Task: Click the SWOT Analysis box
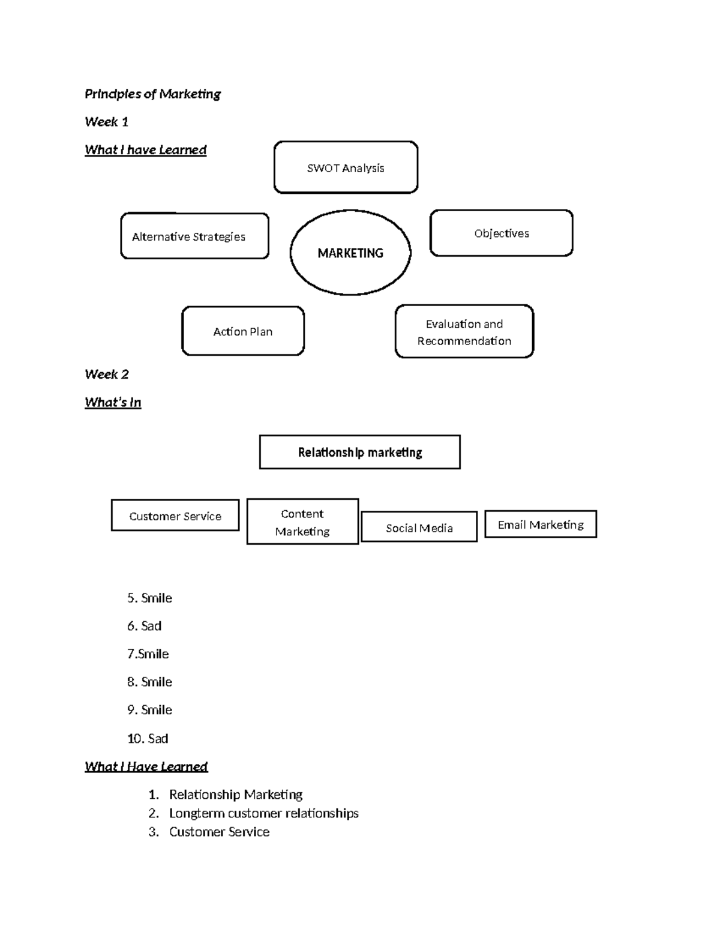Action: click(346, 167)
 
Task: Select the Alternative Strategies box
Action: click(194, 236)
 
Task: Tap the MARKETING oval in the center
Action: click(350, 253)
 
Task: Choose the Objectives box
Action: click(502, 233)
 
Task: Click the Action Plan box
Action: click(243, 331)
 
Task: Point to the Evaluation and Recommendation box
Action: click(464, 332)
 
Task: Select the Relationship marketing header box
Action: click(360, 452)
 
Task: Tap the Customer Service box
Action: click(175, 516)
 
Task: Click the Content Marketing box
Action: click(302, 522)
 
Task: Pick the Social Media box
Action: click(419, 528)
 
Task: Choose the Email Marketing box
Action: click(541, 525)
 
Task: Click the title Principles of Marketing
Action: click(152, 94)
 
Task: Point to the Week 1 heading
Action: click(106, 122)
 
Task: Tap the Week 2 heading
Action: click(107, 374)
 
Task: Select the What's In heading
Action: click(113, 402)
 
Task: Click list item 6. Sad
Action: click(144, 626)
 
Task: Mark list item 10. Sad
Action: click(148, 738)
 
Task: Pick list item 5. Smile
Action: click(149, 598)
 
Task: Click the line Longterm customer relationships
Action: click(263, 813)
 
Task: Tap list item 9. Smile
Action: click(149, 710)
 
